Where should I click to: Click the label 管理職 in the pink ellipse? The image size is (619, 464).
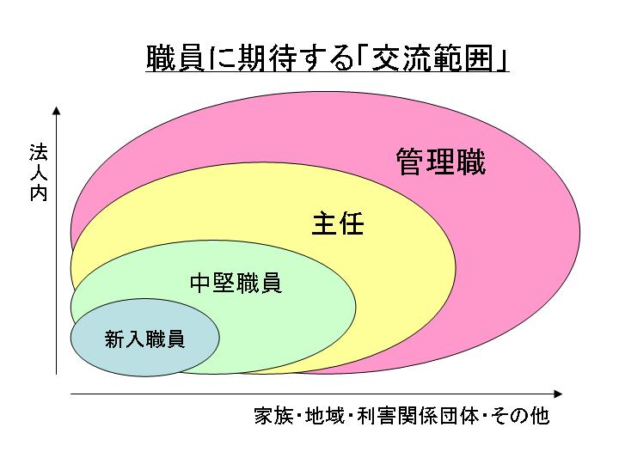[440, 162]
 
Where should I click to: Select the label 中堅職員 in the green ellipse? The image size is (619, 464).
[236, 283]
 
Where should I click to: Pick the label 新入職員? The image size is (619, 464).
[144, 339]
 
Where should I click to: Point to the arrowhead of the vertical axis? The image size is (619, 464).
[56, 110]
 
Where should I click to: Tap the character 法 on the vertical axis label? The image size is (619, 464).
[38, 156]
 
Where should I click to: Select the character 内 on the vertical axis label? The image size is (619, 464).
[38, 194]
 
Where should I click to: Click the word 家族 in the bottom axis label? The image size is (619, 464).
[273, 418]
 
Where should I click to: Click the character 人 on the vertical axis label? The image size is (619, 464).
[38, 174]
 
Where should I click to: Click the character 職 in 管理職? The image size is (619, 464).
[471, 162]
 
